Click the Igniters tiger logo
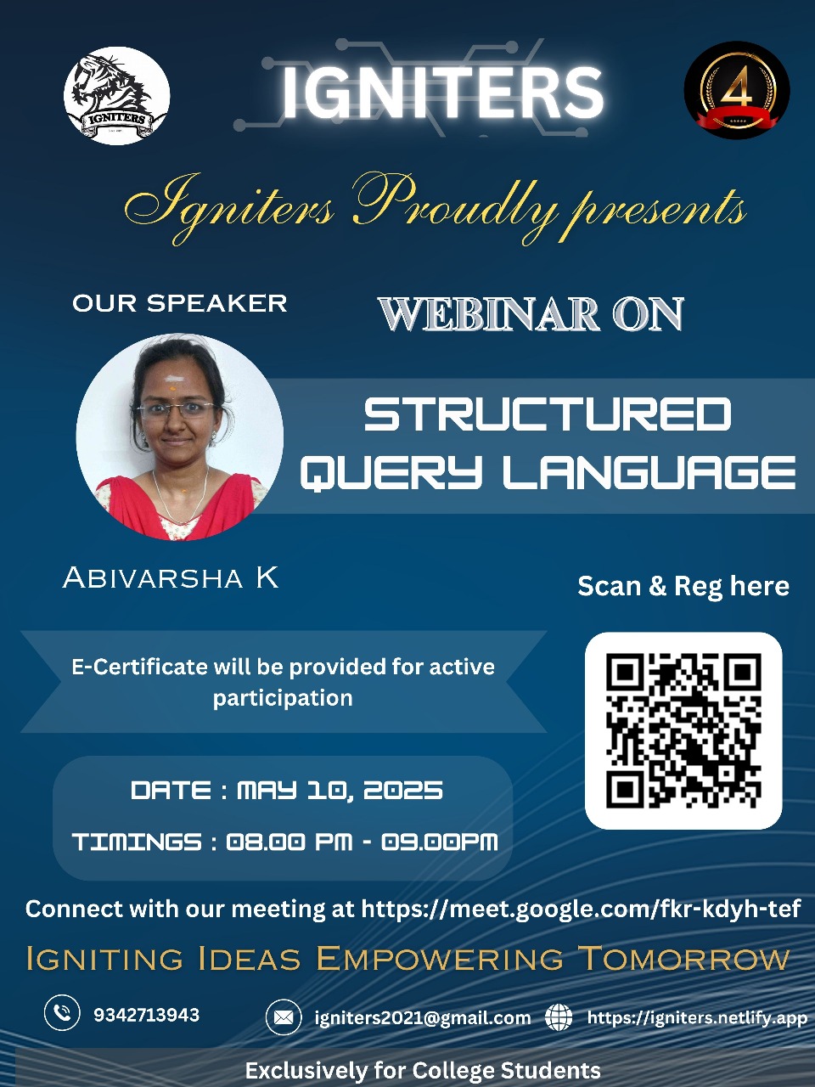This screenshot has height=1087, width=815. (116, 95)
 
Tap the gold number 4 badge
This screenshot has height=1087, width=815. (736, 90)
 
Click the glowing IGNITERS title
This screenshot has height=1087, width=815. (441, 92)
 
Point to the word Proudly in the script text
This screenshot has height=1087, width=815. (454, 206)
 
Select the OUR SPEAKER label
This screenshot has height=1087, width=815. (180, 303)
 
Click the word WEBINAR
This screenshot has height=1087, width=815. (488, 314)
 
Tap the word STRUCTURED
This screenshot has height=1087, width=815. (548, 414)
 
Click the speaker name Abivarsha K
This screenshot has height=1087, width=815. (171, 578)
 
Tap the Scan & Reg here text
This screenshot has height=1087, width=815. (683, 586)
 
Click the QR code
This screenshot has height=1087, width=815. (683, 730)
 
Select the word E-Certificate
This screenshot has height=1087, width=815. (139, 667)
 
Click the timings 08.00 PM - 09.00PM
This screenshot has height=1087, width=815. (362, 842)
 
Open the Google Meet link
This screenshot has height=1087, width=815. (581, 909)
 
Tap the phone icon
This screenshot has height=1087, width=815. (62, 1013)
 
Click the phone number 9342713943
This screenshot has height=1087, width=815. (146, 1015)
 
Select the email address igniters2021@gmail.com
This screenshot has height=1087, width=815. (422, 1017)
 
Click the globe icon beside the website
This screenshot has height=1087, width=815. (559, 1017)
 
